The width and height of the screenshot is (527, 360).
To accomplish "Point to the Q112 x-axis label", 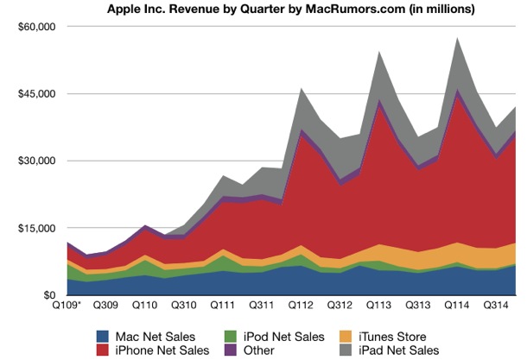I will click(301, 306).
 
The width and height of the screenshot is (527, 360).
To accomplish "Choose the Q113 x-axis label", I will click(378, 306).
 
